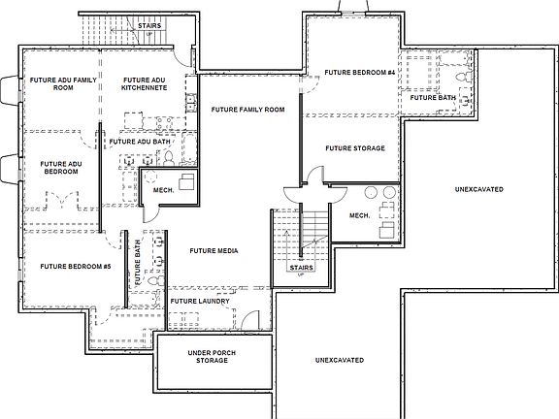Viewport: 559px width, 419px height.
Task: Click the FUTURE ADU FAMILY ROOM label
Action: click(63, 83)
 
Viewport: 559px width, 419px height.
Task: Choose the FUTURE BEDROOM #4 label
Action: click(359, 73)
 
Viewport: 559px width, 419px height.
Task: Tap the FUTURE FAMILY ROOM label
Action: click(247, 110)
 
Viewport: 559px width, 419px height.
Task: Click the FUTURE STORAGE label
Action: click(354, 148)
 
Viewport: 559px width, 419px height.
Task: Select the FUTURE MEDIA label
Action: click(214, 251)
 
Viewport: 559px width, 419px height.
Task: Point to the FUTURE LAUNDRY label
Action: click(200, 302)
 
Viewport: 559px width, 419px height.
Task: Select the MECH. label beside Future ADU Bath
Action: click(163, 190)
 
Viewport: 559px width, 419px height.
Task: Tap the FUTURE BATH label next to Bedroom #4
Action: click(432, 98)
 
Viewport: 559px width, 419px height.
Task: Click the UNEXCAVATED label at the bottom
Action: click(340, 360)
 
